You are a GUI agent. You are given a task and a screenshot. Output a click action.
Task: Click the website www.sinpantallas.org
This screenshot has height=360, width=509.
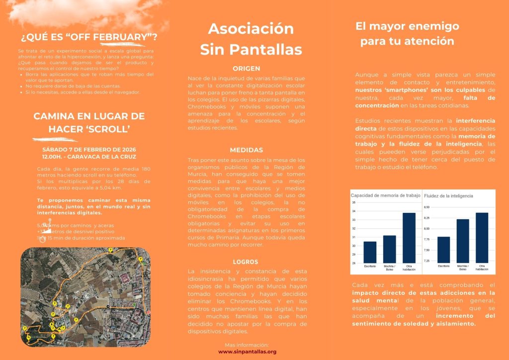tap(247, 352)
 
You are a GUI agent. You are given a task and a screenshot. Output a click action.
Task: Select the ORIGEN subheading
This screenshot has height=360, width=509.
tap(247, 69)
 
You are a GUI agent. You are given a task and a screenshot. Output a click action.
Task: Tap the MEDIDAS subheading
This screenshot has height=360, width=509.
tap(247, 150)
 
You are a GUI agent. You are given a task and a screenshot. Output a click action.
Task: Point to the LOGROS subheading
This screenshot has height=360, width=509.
tap(246, 262)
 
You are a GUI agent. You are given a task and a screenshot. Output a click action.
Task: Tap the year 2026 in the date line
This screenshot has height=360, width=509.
tap(127, 150)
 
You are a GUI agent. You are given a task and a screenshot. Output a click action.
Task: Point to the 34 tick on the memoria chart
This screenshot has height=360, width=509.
tap(353, 211)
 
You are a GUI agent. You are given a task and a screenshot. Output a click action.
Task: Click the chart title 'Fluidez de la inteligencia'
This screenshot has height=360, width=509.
tap(449, 196)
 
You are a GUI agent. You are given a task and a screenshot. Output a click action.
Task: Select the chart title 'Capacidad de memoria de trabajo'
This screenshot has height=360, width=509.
tap(386, 195)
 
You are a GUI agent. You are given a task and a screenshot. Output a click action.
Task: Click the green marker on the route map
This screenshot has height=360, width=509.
tap(135, 304)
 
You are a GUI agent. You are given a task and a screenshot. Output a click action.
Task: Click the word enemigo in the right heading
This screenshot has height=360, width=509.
tap(432, 26)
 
